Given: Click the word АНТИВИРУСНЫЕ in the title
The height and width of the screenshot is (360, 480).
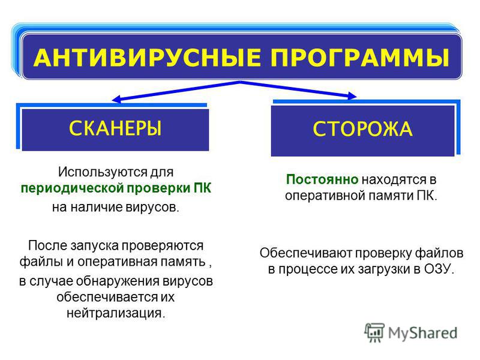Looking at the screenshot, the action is click(147, 57).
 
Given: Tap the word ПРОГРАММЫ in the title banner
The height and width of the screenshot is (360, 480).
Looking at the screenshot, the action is click(360, 57).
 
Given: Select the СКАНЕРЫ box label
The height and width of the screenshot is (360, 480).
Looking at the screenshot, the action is click(115, 128).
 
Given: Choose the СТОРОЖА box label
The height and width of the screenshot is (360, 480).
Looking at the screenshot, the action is click(362, 128).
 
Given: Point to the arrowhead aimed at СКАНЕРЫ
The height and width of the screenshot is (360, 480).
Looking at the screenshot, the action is click(116, 99).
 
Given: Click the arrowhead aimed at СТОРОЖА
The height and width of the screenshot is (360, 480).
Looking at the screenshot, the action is click(352, 96).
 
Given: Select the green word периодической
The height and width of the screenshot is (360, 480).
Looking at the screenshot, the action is click(72, 188).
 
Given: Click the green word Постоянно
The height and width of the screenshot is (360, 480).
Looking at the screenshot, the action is click(322, 179).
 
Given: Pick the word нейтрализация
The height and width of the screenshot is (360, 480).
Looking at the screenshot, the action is click(116, 313).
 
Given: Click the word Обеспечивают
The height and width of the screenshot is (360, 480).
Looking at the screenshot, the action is click(306, 253).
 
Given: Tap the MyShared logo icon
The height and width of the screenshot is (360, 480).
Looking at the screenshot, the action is click(374, 332).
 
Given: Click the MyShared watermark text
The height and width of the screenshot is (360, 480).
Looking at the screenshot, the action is click(423, 333).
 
